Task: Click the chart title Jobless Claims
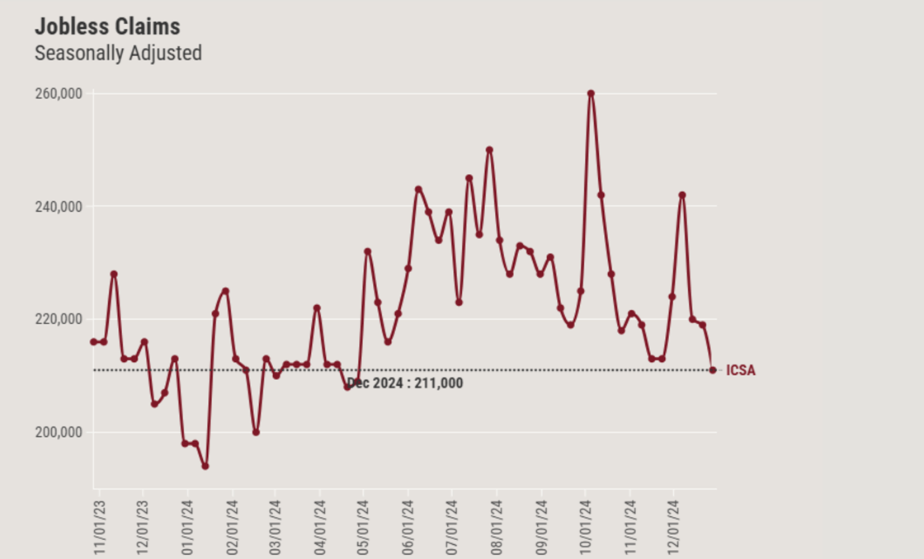click(107, 26)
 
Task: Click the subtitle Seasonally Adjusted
click(118, 54)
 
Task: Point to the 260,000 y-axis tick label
click(59, 94)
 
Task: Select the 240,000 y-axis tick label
click(59, 207)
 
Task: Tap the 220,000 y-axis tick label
click(59, 320)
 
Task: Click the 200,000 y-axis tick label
click(59, 433)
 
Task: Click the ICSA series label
click(740, 371)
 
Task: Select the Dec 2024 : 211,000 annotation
click(404, 383)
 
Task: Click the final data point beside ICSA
click(713, 370)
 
